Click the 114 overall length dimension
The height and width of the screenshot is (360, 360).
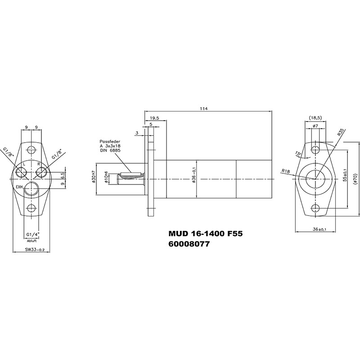[204, 108]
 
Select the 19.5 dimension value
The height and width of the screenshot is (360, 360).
[154, 118]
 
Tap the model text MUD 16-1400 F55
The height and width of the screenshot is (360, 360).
[206, 234]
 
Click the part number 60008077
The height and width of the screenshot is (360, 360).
[189, 244]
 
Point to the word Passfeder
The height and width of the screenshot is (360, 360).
[110, 142]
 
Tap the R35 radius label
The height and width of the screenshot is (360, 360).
[341, 133]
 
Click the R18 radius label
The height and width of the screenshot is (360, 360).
[286, 171]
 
